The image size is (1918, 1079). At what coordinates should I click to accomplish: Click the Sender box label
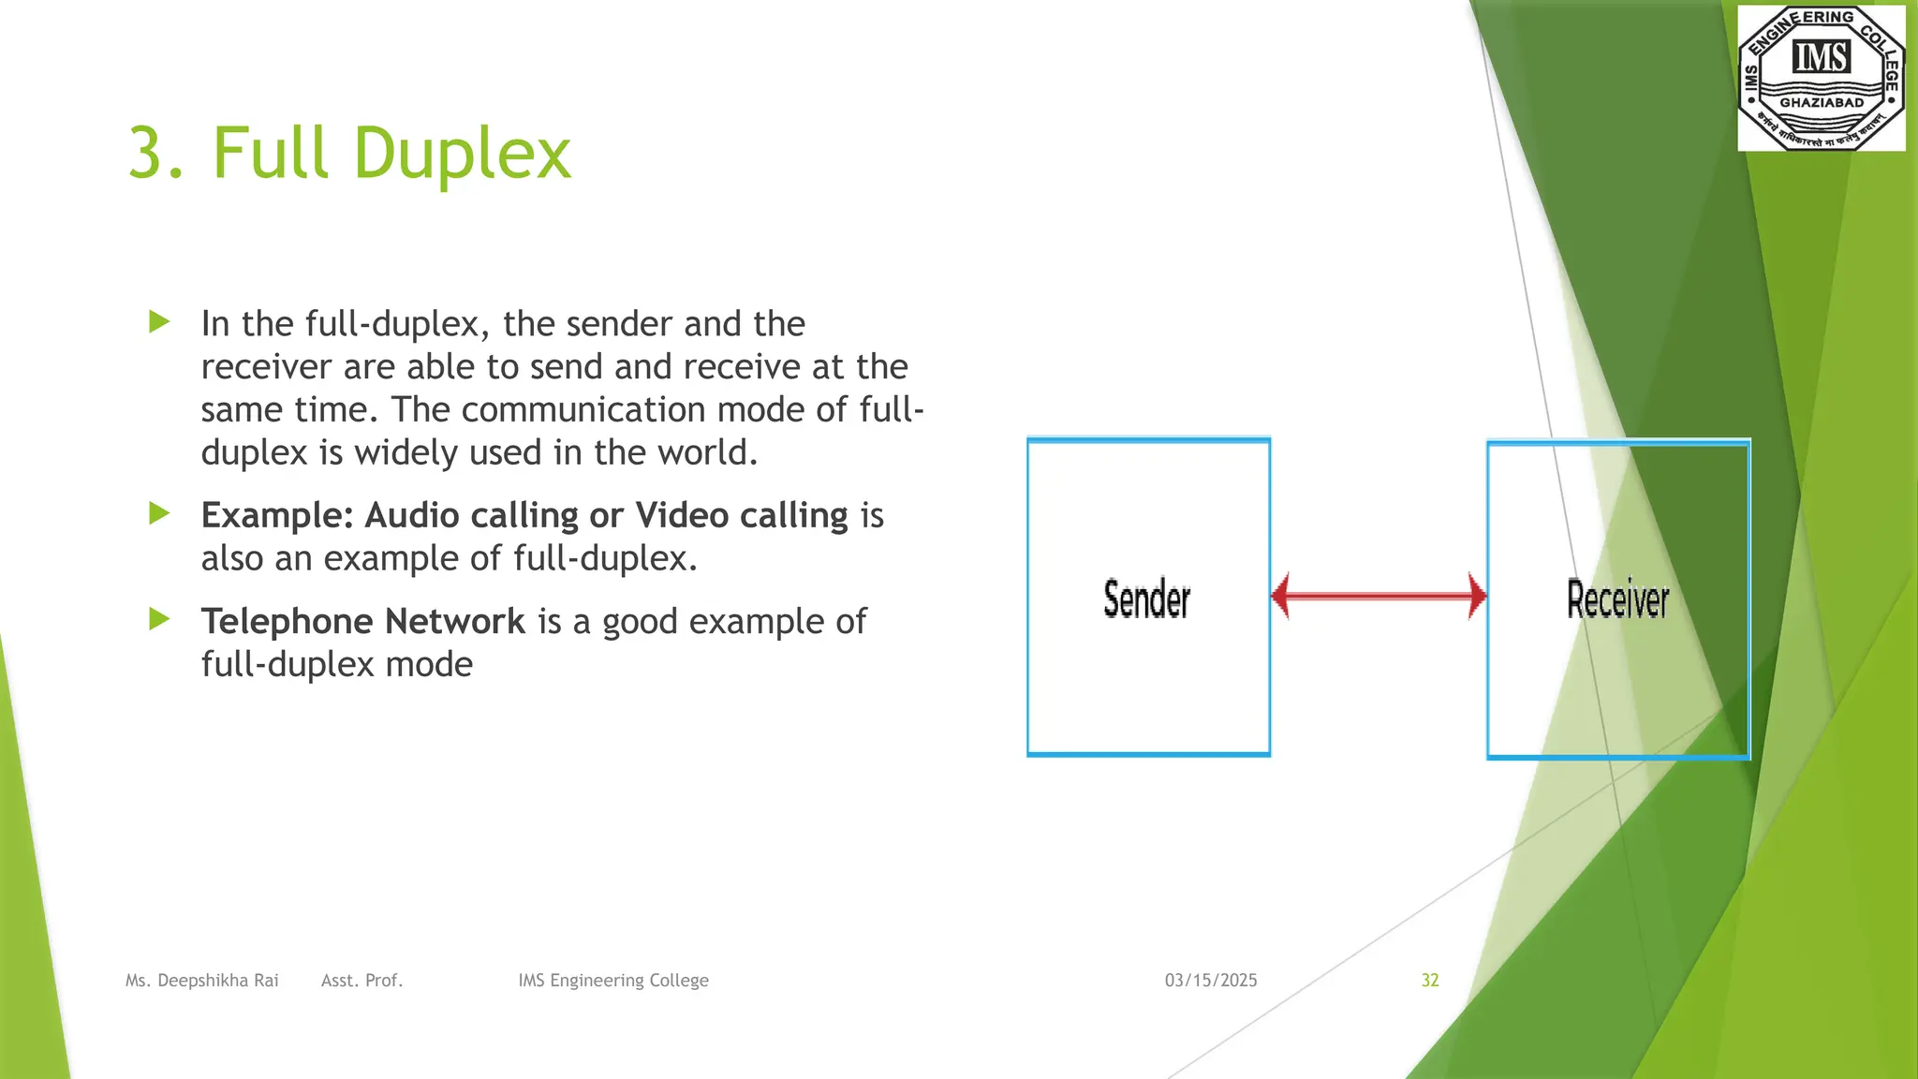pyautogui.click(x=1146, y=599)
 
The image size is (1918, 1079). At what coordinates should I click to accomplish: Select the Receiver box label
pyautogui.click(x=1617, y=599)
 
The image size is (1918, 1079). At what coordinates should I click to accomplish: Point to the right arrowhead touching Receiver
pyautogui.click(x=1477, y=596)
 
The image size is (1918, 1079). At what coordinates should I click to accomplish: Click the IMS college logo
pyautogui.click(x=1821, y=77)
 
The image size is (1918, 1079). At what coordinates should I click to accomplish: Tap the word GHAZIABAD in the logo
pyautogui.click(x=1822, y=103)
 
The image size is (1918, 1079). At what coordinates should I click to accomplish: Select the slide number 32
pyautogui.click(x=1429, y=981)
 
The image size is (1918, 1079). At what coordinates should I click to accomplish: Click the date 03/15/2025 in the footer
pyautogui.click(x=1211, y=981)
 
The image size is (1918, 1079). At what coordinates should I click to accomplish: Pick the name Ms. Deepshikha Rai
pyautogui.click(x=202, y=981)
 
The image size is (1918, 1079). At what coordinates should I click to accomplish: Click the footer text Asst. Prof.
pyautogui.click(x=361, y=981)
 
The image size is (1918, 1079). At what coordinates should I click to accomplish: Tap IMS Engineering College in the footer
pyautogui.click(x=613, y=981)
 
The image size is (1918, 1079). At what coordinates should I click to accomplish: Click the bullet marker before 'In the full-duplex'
pyautogui.click(x=159, y=322)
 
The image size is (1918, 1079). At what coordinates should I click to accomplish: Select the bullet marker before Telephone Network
pyautogui.click(x=159, y=619)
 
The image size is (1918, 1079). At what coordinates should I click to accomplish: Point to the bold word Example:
pyautogui.click(x=277, y=516)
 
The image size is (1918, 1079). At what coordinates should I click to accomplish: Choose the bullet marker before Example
pyautogui.click(x=159, y=513)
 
